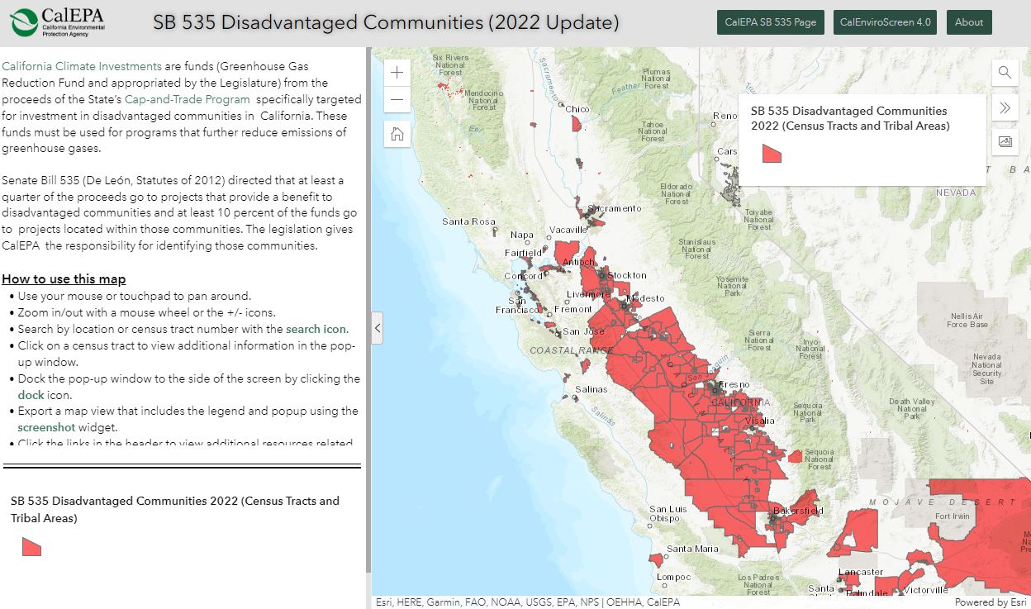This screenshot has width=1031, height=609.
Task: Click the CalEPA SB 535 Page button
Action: [x=770, y=22]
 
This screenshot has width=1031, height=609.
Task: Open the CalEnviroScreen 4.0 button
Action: [x=885, y=22]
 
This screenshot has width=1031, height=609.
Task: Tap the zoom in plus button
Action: [x=397, y=73]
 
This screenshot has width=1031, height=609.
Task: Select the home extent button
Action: [x=397, y=134]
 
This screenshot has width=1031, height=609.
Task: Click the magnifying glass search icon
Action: [x=1005, y=73]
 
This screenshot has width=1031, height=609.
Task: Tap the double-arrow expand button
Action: [x=1005, y=107]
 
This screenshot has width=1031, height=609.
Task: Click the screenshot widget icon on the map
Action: [x=1005, y=141]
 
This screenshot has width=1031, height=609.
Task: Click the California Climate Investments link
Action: [x=82, y=66]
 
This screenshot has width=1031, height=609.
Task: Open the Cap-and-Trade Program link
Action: [x=187, y=99]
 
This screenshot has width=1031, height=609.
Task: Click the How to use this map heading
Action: [x=64, y=279]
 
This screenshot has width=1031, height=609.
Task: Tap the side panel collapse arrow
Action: [x=378, y=328]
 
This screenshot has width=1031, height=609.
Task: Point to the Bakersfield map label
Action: [x=799, y=511]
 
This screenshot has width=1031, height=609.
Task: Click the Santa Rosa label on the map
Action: [x=468, y=221]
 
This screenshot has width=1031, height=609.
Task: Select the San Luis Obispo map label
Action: [x=668, y=513]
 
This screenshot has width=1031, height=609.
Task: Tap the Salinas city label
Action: [x=591, y=389]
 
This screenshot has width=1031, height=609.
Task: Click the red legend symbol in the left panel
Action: [x=31, y=547]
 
